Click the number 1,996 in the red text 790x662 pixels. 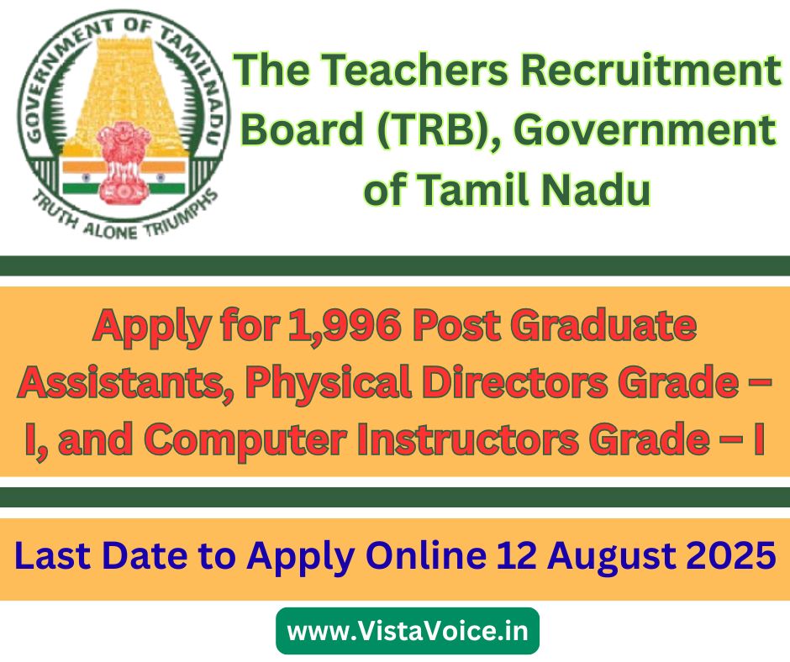coord(345,325)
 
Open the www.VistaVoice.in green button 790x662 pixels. coord(408,631)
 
